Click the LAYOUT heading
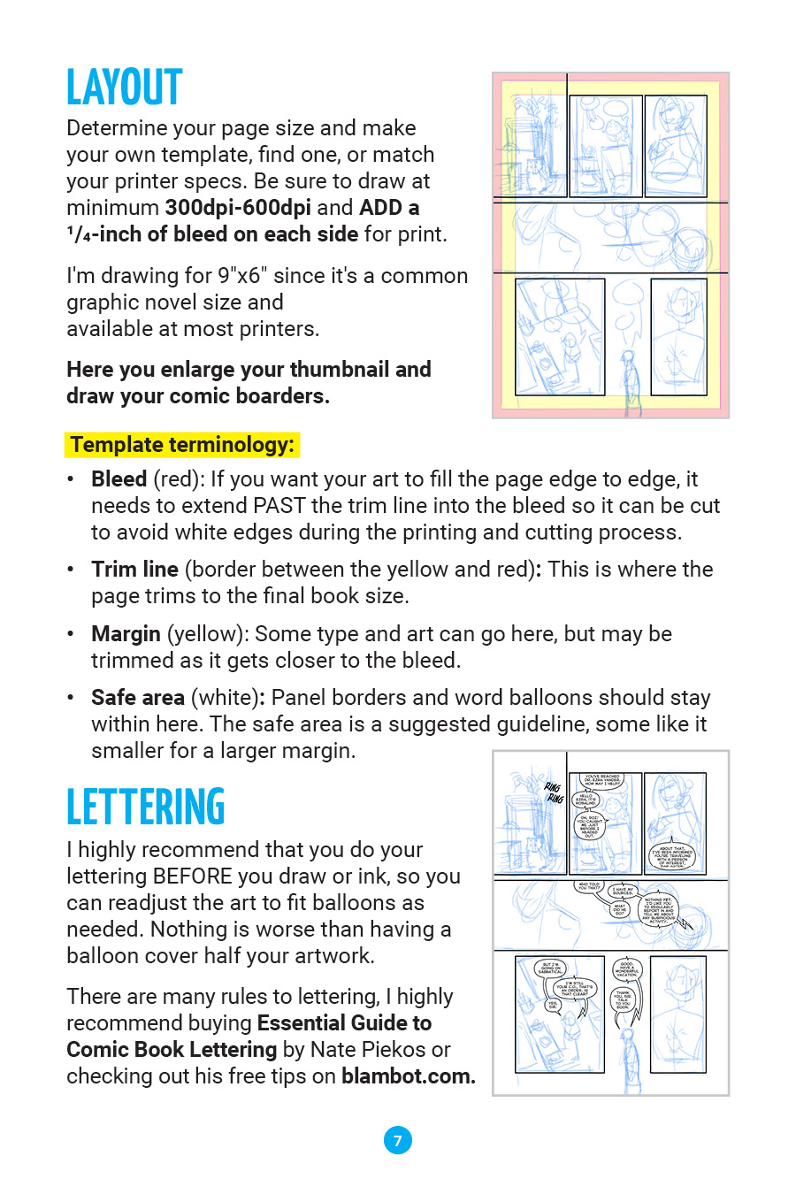tap(125, 88)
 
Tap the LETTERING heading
tap(146, 807)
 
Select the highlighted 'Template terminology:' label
tap(182, 445)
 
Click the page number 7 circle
tap(397, 1140)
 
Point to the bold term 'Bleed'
tap(119, 479)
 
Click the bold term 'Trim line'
tap(134, 570)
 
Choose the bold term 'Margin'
tap(126, 634)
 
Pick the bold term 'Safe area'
tap(138, 698)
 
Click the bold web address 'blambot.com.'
tap(409, 1076)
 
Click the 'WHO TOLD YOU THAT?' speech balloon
tap(589, 885)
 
